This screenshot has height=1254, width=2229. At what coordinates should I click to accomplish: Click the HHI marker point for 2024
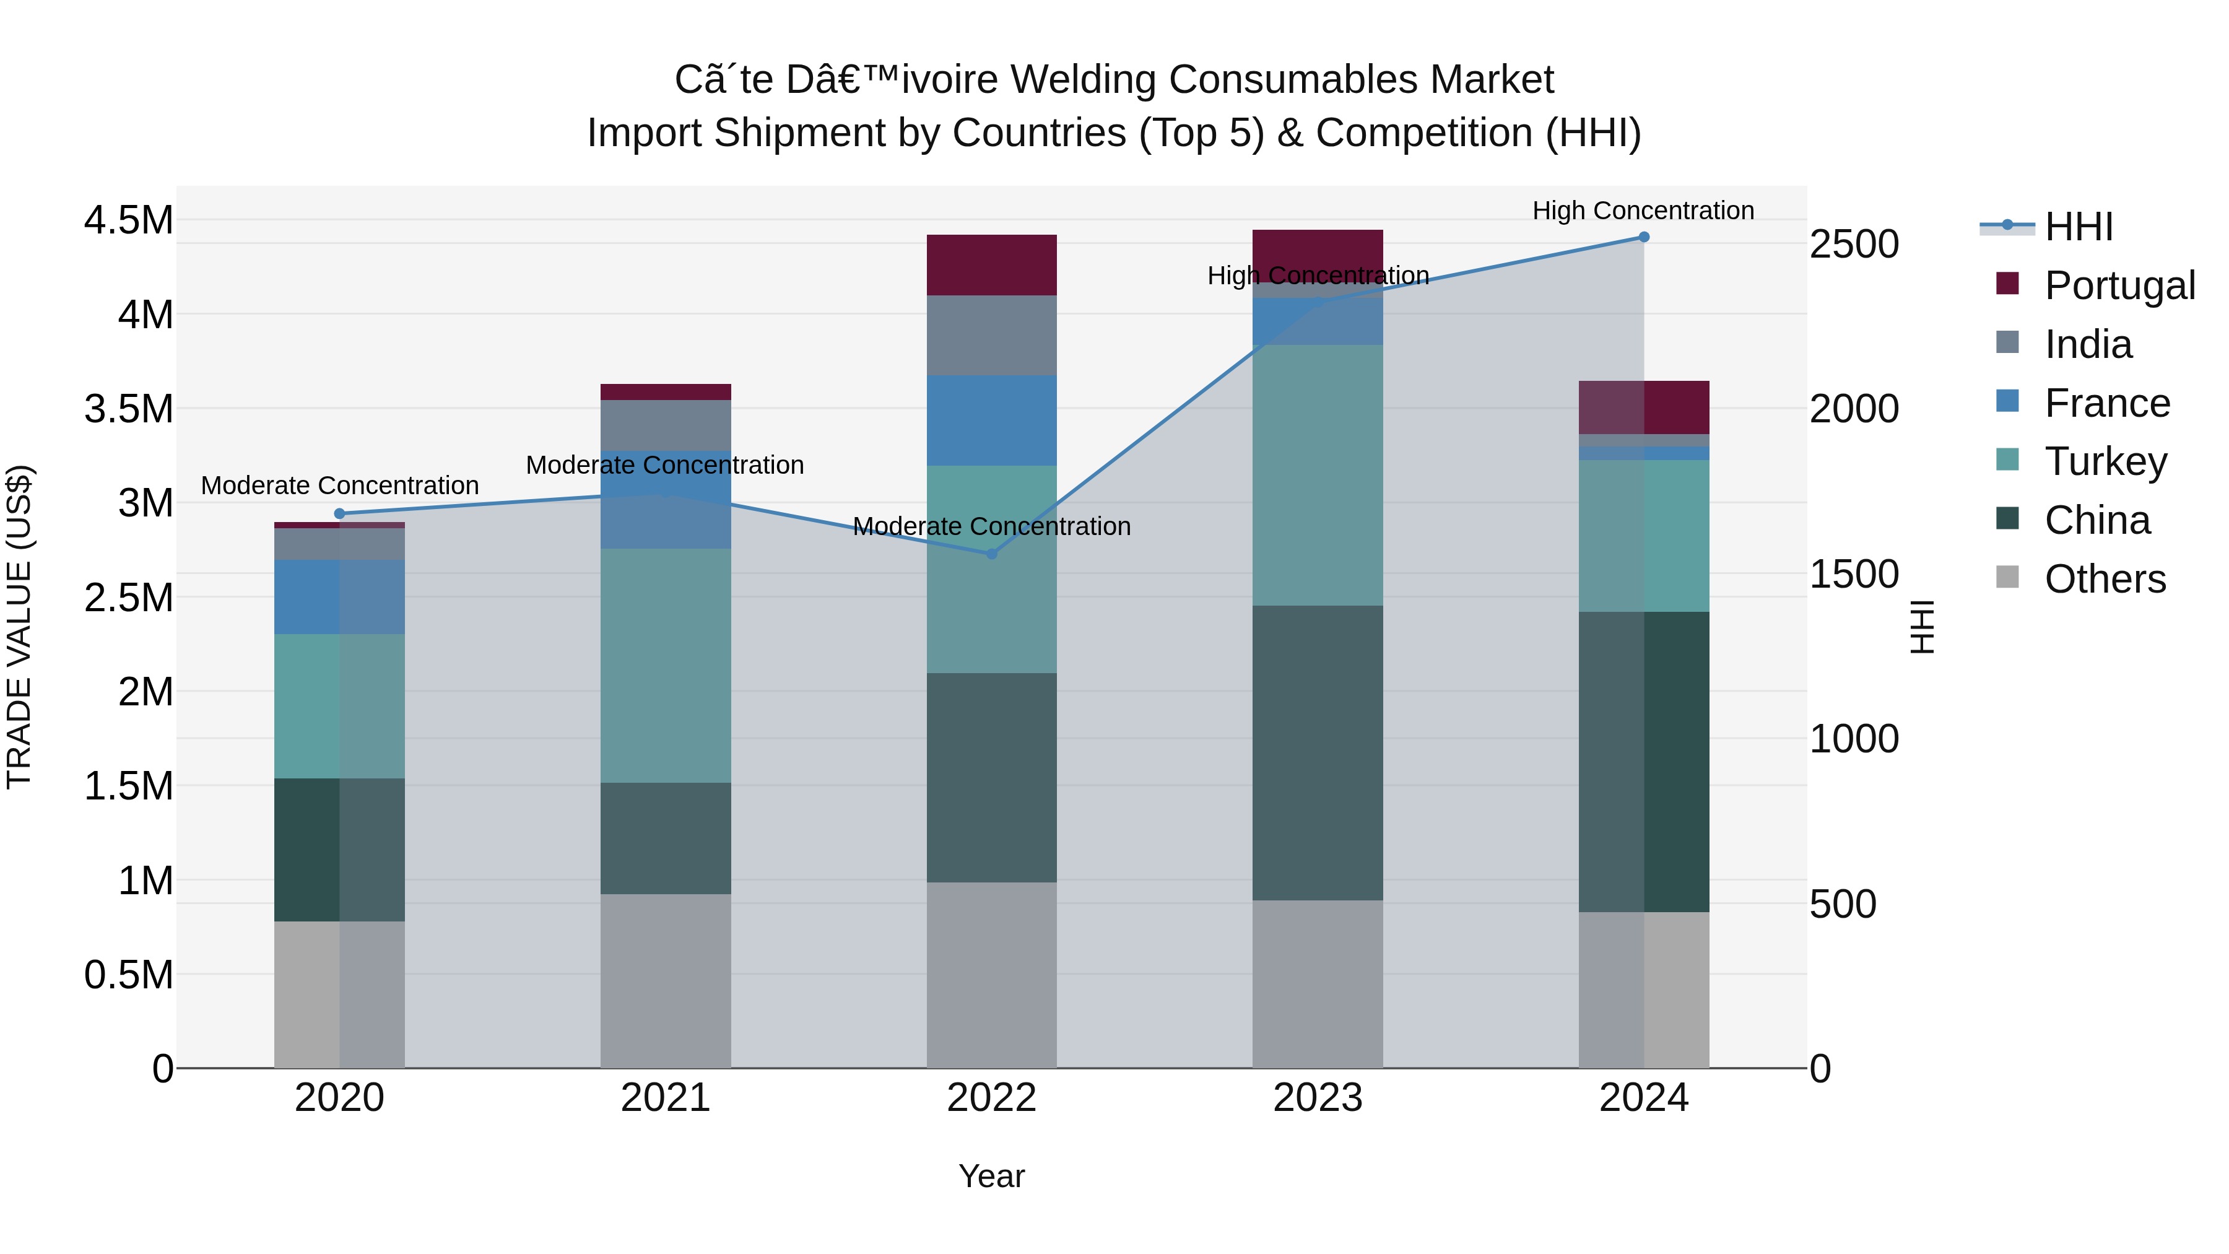pos(1643,237)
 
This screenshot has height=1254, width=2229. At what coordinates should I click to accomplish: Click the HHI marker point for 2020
pos(339,513)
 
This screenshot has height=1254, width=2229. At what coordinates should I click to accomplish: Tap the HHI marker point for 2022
pos(992,553)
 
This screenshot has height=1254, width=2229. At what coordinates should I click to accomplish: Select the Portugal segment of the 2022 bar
pos(992,265)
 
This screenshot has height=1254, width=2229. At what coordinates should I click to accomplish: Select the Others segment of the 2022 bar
pos(992,975)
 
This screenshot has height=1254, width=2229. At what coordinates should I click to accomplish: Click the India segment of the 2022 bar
pos(992,335)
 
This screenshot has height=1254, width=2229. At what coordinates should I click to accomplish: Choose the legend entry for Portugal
pos(2119,285)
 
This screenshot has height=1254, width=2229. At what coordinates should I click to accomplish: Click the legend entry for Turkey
pos(2105,461)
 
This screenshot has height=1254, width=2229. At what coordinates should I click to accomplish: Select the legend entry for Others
pos(2105,579)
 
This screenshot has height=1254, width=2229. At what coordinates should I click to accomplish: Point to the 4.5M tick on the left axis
pos(128,220)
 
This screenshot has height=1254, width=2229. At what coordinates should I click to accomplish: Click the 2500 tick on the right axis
pos(1853,244)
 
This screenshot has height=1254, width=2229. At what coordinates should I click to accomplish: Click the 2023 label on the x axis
pos(1317,1098)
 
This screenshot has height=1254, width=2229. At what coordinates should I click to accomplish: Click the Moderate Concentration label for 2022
pos(992,526)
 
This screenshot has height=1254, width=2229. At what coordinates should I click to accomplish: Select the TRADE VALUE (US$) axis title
pos(19,627)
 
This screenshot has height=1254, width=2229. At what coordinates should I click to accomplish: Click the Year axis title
pos(992,1176)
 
